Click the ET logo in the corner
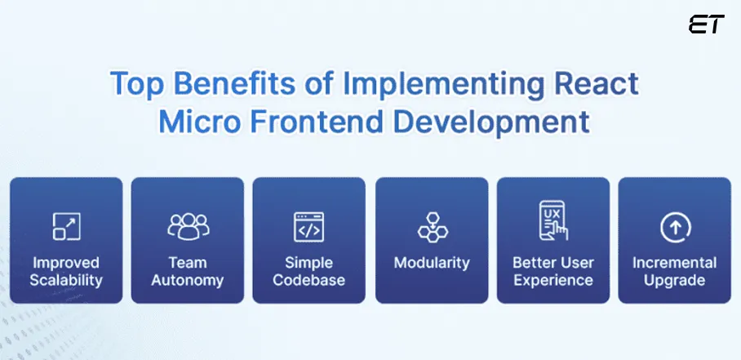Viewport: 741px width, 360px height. (705, 24)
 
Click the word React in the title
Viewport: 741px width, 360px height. (594, 84)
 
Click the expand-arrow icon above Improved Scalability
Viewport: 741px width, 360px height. (66, 227)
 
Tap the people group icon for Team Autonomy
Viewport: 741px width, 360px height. (188, 227)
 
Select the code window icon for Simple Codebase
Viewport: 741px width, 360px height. (308, 227)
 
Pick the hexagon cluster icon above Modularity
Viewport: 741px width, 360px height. (431, 227)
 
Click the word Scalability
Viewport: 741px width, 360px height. (66, 281)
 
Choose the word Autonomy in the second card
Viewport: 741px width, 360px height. (188, 281)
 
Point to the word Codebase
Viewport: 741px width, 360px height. (308, 281)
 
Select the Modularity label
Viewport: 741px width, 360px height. (432, 263)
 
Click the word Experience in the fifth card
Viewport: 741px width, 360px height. (552, 281)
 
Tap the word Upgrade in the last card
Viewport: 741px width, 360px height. (674, 281)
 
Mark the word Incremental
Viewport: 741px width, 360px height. (674, 263)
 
